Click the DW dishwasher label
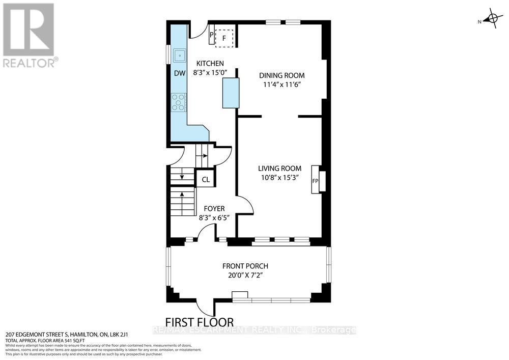(x=179, y=73)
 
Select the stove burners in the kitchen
(x=179, y=102)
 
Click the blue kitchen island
(x=231, y=93)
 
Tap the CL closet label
(x=206, y=179)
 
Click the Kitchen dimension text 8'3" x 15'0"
(x=210, y=73)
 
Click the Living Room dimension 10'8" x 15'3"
(x=279, y=178)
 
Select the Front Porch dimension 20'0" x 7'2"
(x=245, y=275)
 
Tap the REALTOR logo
(x=29, y=35)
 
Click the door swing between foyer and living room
(x=245, y=206)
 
